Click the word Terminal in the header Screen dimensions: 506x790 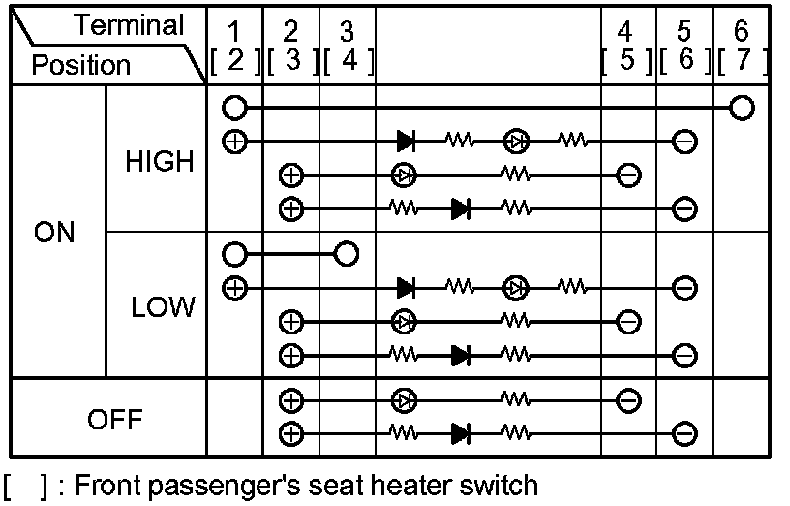[x=129, y=26]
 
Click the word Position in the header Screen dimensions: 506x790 [x=80, y=65]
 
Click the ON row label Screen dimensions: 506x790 [x=54, y=234]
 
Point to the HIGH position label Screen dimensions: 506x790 [x=160, y=162]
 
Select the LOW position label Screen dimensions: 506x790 [x=163, y=308]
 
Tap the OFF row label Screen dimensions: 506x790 [x=114, y=420]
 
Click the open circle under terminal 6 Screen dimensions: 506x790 [x=742, y=107]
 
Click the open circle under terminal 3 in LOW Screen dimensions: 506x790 [x=346, y=254]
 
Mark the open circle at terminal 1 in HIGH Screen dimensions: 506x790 [x=234, y=107]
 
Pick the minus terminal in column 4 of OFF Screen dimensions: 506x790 [x=627, y=399]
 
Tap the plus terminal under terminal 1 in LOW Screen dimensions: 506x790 [x=234, y=287]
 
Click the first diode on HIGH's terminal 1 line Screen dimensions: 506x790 [x=407, y=141]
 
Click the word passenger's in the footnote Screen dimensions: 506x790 [x=229, y=485]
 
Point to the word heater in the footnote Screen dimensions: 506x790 [x=420, y=484]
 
